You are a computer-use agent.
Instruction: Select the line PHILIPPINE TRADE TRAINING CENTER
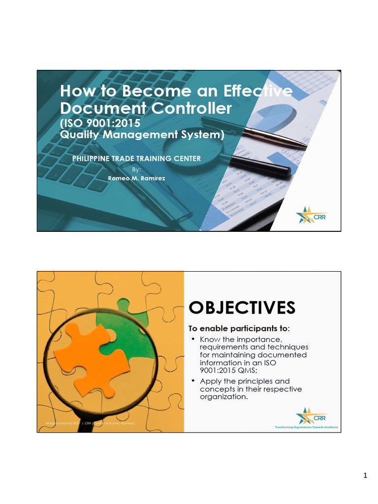(136, 158)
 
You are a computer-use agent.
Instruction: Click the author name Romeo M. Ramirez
(137, 178)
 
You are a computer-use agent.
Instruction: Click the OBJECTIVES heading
(242, 308)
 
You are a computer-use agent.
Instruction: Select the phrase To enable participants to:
(240, 328)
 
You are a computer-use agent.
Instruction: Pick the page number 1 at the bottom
(365, 475)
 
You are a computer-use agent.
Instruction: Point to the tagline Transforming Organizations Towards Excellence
(307, 427)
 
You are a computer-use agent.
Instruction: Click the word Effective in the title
(258, 91)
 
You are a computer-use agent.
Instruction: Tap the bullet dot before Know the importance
(194, 340)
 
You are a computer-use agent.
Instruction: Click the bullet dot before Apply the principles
(194, 381)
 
